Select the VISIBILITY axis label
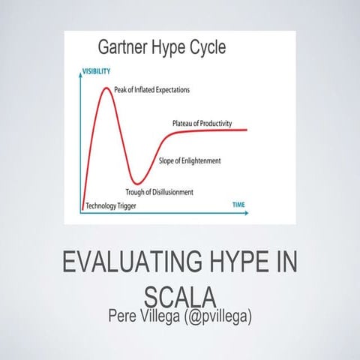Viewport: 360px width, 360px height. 96,71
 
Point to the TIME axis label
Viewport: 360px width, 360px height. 238,203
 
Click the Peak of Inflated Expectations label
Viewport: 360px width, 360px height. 151,90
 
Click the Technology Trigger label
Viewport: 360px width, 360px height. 111,205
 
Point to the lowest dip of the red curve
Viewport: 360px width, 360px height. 136,181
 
